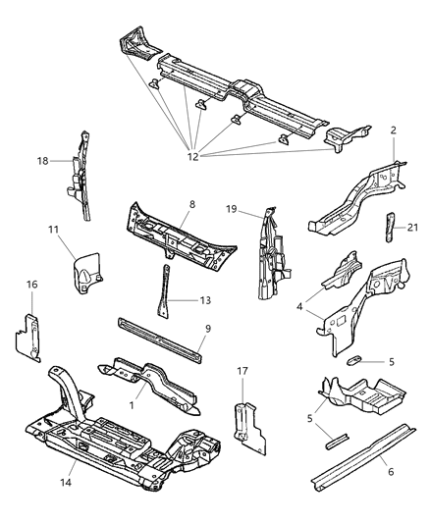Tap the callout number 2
394,131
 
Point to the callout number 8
191,205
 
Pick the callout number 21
412,228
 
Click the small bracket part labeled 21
389,227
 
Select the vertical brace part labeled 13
160,291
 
